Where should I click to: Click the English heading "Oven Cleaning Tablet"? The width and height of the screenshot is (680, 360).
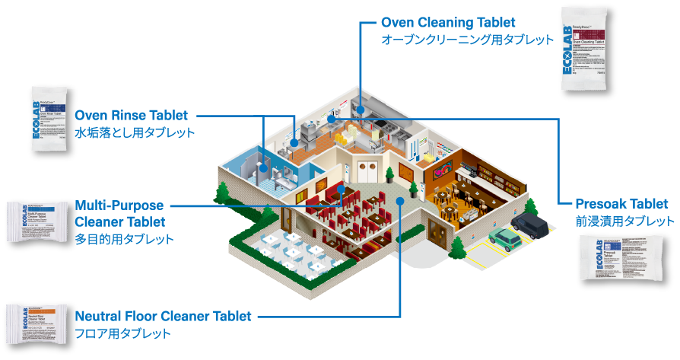pyautogui.click(x=448, y=22)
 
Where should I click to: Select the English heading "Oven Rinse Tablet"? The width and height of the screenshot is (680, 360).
pyautogui.click(x=131, y=116)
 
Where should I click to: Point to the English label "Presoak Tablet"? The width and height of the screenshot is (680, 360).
pyautogui.click(x=621, y=204)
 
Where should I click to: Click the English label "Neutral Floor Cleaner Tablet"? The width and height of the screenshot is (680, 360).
pyautogui.click(x=163, y=316)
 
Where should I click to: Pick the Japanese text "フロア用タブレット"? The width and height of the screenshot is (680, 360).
pyautogui.click(x=122, y=333)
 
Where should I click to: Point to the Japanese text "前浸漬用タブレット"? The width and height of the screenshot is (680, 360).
pyautogui.click(x=624, y=221)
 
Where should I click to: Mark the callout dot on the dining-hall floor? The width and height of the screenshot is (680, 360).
pyautogui.click(x=399, y=201)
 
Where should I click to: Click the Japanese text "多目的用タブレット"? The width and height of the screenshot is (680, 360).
pyautogui.click(x=124, y=239)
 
